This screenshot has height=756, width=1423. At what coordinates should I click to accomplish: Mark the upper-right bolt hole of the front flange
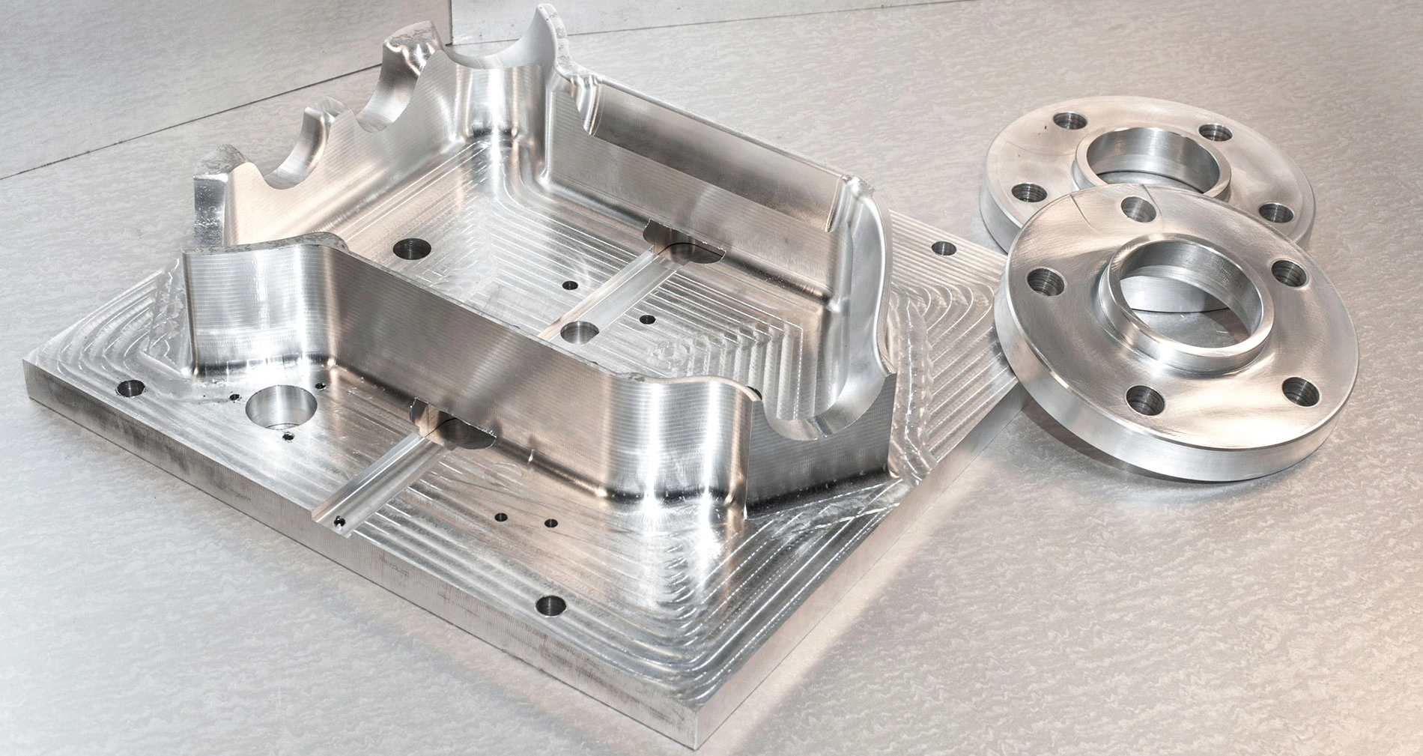click(x=1287, y=270)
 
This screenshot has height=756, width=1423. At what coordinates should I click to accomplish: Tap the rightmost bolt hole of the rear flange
click(x=1271, y=211)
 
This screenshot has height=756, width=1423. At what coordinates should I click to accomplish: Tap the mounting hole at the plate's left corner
click(x=133, y=389)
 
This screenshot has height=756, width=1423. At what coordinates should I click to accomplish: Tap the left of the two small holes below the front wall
click(x=499, y=516)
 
